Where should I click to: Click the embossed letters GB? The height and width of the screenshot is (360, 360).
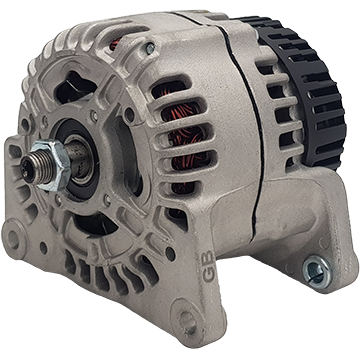coord(208,266)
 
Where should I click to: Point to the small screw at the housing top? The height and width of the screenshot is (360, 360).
coord(150,49)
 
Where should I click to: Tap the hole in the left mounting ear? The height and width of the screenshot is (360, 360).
coord(14,239)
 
